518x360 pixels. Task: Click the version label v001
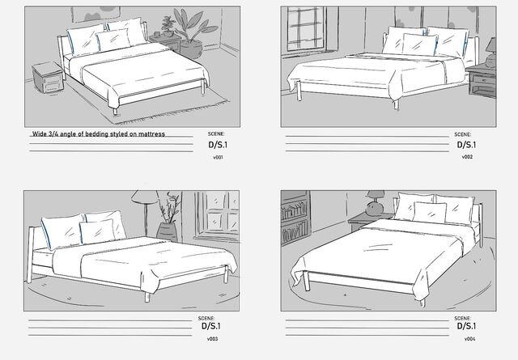coord(218,158)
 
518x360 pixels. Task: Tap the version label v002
coord(467,157)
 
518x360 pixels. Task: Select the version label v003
coord(212,339)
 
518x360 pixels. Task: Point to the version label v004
coord(469,339)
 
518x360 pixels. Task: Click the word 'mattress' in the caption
coord(151,134)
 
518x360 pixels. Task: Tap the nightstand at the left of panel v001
coord(48,78)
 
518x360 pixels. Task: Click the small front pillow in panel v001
coord(113,40)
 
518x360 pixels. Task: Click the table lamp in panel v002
coord(491,53)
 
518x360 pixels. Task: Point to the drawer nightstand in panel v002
coord(482,81)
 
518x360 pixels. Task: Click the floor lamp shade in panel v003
coord(144,197)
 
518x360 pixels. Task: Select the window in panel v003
coord(217,214)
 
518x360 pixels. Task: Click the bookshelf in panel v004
coord(295,218)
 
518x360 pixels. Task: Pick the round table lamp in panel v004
coord(375,203)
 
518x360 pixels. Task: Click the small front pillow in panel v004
coord(430,213)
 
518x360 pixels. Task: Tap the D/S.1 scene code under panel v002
coord(466,145)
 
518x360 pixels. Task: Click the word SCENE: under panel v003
coord(206,319)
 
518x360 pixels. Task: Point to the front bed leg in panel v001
coord(115,112)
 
